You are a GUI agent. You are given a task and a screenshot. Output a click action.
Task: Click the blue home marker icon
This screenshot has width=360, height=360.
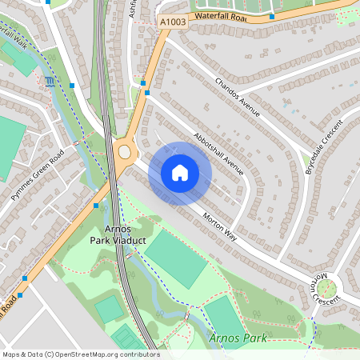(180, 173)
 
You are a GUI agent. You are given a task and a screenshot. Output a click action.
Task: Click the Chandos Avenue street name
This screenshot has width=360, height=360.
(238, 97)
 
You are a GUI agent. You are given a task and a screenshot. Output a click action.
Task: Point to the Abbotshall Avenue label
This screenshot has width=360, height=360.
(218, 152)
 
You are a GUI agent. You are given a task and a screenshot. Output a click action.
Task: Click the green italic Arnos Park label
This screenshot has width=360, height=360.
(238, 338)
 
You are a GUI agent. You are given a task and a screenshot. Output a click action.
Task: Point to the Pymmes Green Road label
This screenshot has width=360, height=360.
(37, 178)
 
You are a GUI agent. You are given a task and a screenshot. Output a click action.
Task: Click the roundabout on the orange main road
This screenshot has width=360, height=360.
(124, 152)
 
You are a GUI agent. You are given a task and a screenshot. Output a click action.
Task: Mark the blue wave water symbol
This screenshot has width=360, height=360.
(51, 81)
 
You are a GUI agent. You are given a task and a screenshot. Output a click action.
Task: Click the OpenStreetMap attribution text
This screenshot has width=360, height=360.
(81, 354)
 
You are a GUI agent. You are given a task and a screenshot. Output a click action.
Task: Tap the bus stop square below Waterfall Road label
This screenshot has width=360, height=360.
(272, 16)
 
